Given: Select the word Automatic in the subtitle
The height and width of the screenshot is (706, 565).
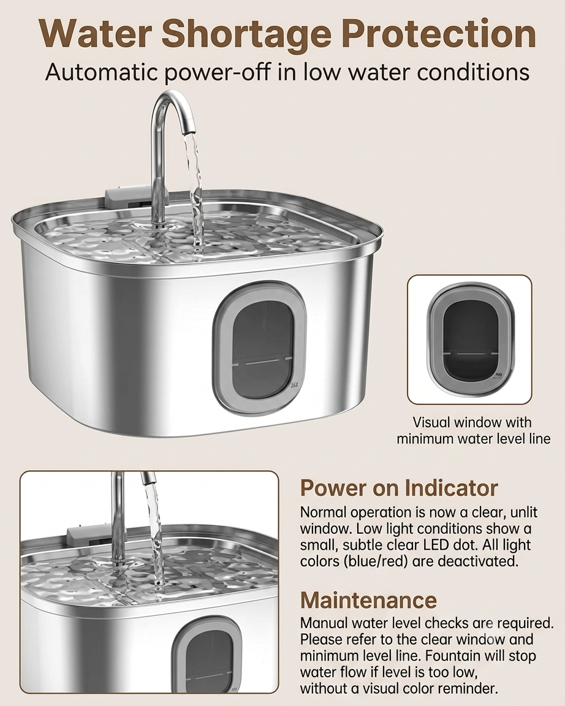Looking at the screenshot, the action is point(102,72).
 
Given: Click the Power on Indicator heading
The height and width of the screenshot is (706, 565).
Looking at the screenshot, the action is point(399,488).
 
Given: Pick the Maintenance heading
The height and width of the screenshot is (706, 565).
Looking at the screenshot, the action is point(368,600).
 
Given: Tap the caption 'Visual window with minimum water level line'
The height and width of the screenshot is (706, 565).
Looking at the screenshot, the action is point(474,430).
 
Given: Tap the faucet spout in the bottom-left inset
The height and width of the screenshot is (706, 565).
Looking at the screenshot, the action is point(149,477).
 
